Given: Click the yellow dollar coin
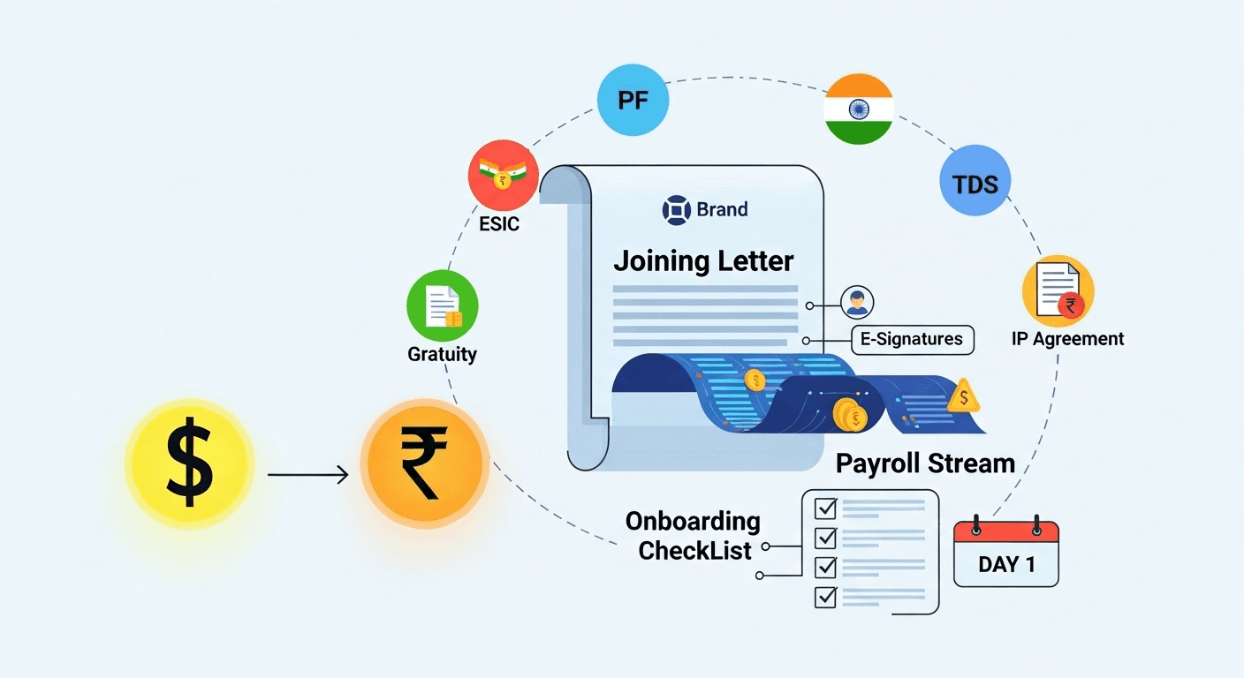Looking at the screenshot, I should [x=189, y=464].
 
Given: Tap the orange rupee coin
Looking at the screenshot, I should [x=424, y=464].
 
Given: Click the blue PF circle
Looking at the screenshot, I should [x=633, y=100].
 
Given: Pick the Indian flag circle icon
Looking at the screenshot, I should [x=858, y=109].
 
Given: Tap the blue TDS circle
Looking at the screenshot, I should [x=975, y=184].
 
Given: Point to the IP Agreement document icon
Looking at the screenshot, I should [x=1058, y=292].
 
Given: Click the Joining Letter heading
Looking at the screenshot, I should [x=703, y=261].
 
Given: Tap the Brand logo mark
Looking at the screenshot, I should [x=676, y=210].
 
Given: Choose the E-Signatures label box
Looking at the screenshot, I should [x=912, y=340].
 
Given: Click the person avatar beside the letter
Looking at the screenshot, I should [x=855, y=303].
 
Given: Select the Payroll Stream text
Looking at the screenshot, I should [x=925, y=463].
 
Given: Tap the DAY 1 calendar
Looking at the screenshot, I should [x=1005, y=554].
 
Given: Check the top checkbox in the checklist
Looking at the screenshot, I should [x=825, y=508].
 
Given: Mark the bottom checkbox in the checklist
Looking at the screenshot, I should [x=825, y=597].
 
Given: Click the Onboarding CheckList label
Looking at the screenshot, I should [x=693, y=536].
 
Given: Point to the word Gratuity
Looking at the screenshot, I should [x=442, y=354].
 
